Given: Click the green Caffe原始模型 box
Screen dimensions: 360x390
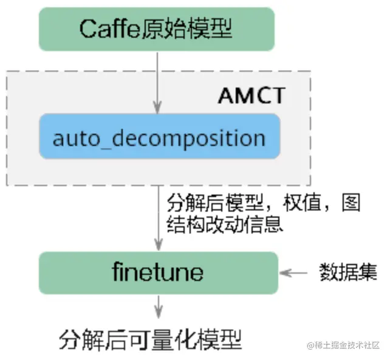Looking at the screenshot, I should pyautogui.click(x=157, y=28).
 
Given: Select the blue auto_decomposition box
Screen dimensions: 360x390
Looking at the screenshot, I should pyautogui.click(x=159, y=137).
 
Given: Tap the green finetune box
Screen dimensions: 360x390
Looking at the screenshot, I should pyautogui.click(x=158, y=271).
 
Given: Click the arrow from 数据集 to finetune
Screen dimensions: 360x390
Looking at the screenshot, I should pyautogui.click(x=297, y=272).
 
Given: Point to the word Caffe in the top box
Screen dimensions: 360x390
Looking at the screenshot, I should pyautogui.click(x=106, y=29).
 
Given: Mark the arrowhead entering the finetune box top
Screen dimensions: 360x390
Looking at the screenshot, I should pyautogui.click(x=159, y=247).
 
